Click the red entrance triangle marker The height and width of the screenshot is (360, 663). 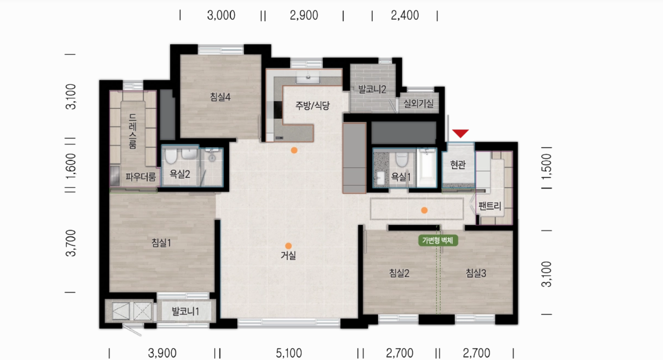pos(460,133)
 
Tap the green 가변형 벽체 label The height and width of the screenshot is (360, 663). pos(438,240)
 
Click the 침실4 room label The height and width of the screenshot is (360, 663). pos(220,97)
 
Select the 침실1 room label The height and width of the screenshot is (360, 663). pos(161,243)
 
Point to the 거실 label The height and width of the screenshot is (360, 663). pos(288,255)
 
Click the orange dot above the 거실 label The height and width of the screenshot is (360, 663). pos(288,246)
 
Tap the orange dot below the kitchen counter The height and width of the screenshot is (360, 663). pos(294,150)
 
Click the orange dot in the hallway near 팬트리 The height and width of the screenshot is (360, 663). pos(424,210)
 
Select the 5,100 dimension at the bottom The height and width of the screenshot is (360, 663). pos(289,353)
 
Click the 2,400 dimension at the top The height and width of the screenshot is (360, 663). pos(405,15)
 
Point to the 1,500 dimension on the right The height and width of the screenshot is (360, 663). pos(547,167)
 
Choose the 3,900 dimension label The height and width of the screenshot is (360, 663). pos(162,353)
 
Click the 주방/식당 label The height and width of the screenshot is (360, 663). pos(313,106)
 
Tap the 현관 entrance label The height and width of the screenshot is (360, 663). pos(458,165)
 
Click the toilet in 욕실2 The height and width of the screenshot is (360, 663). pos(171,156)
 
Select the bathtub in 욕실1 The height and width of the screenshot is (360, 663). pos(427,168)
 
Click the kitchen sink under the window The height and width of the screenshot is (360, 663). pos(308,77)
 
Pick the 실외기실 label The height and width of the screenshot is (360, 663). pos(419,104)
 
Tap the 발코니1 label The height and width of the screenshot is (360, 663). pos(185,311)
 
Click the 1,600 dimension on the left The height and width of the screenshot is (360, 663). pos(71,166)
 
